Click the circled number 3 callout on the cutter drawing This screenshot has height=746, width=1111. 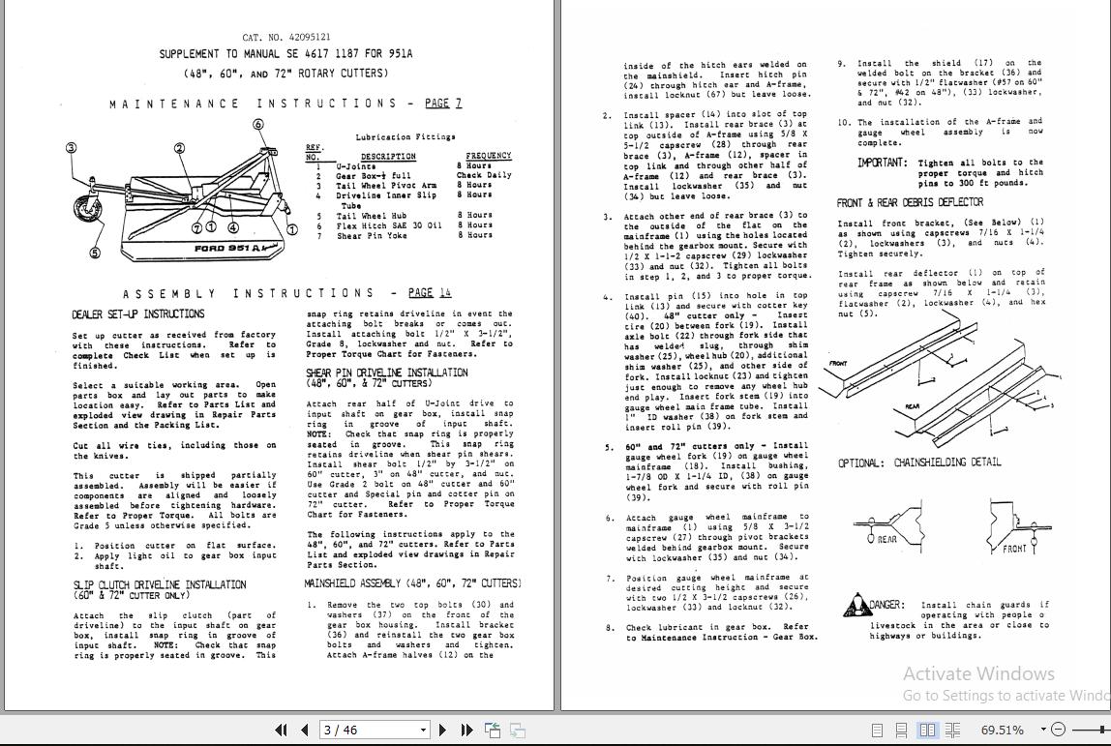pos(71,148)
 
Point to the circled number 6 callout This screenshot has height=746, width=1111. pos(258,124)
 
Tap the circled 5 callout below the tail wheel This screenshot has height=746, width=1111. pos(95,254)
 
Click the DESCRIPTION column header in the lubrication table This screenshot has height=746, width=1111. pos(388,156)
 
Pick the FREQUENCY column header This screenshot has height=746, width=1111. pos(488,156)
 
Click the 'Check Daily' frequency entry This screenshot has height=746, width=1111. pos(484,175)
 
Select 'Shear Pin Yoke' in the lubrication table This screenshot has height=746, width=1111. pos(372,235)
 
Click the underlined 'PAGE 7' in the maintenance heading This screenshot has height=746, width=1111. pos(443,104)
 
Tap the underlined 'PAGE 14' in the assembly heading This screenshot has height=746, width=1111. pos(430,292)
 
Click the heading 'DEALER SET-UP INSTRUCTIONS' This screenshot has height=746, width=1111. pos(137,314)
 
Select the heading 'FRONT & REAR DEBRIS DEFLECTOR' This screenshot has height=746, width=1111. pos(910,202)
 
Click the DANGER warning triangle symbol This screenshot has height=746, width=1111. pos(856,607)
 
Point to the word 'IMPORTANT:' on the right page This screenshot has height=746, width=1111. pos(882,163)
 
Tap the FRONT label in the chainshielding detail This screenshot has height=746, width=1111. pos(1014,549)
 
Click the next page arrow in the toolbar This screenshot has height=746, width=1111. pos(442,731)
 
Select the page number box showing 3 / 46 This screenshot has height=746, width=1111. pos(375,731)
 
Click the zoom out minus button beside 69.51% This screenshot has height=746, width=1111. pos(1058,730)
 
